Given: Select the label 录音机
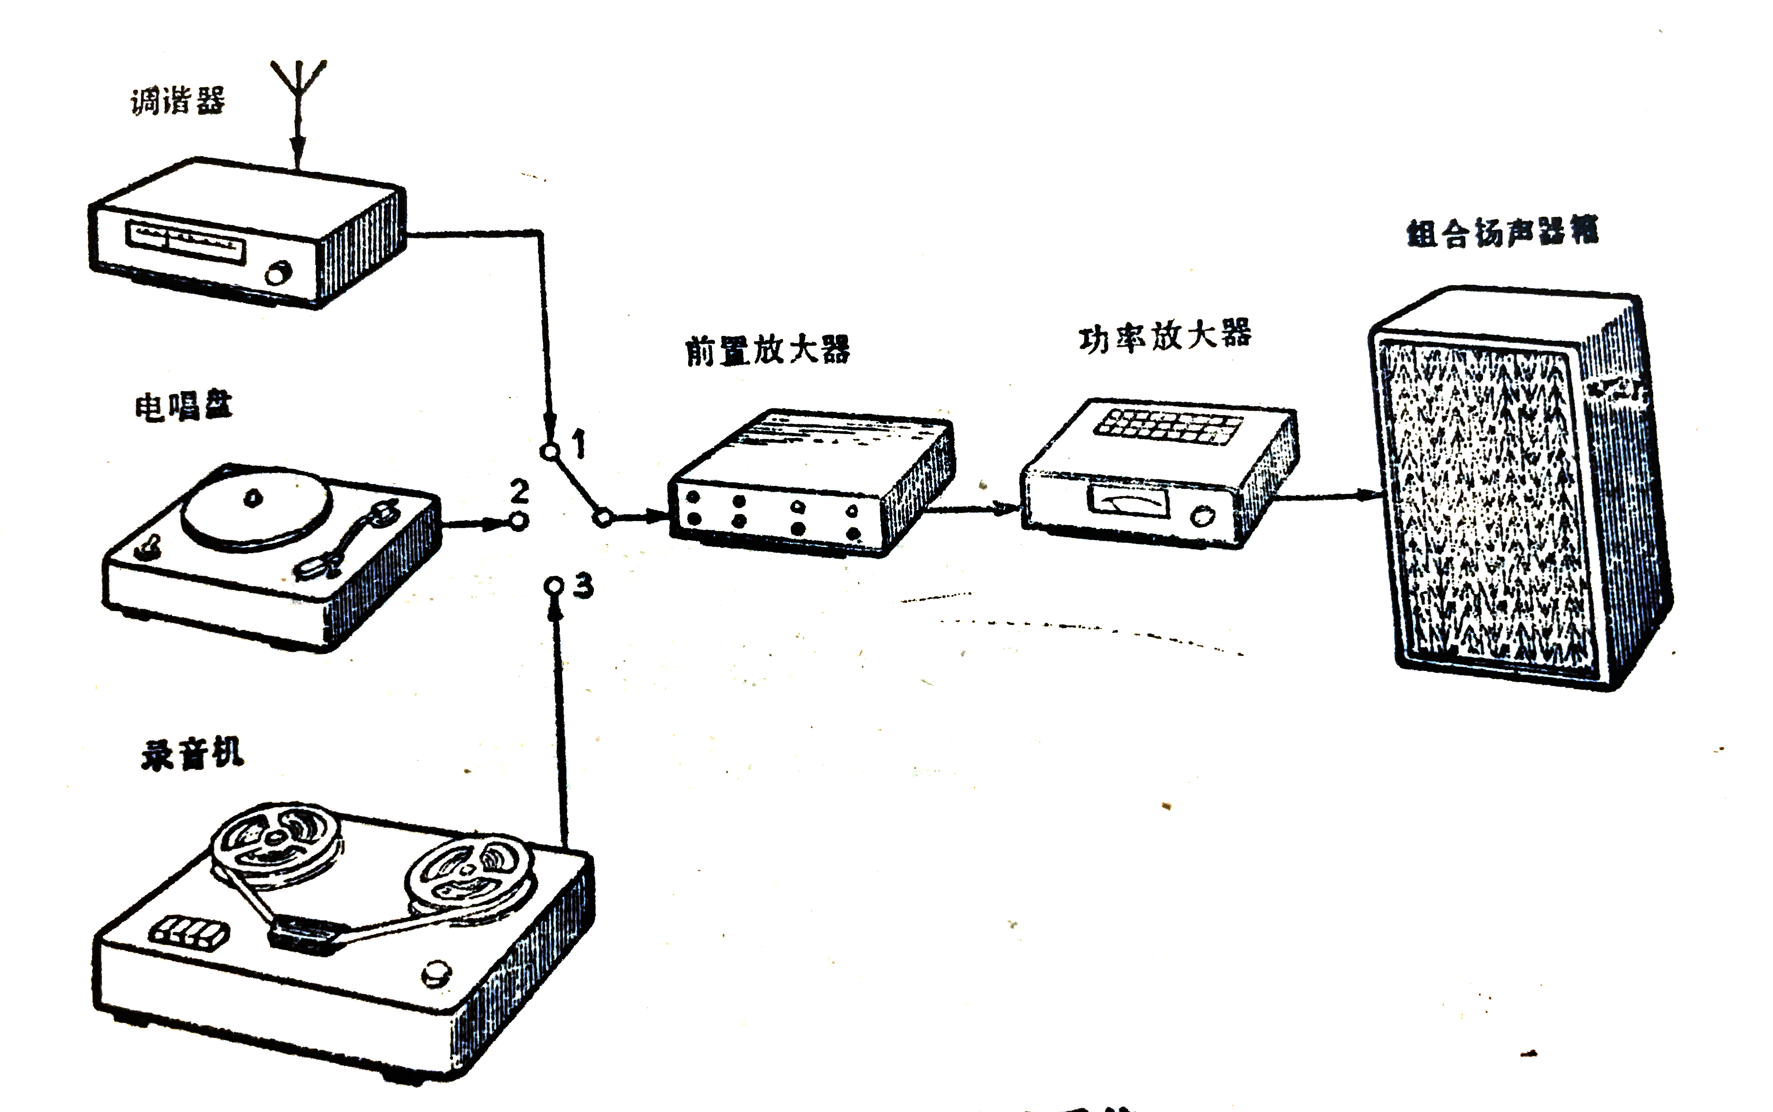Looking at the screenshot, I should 192,754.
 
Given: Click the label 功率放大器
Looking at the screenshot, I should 1165,336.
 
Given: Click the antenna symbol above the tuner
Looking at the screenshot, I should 298,81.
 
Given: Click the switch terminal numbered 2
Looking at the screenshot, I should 519,522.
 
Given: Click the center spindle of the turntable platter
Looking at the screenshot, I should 253,498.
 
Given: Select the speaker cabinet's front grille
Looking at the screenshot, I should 1485,507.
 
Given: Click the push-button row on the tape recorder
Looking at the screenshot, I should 190,933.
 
